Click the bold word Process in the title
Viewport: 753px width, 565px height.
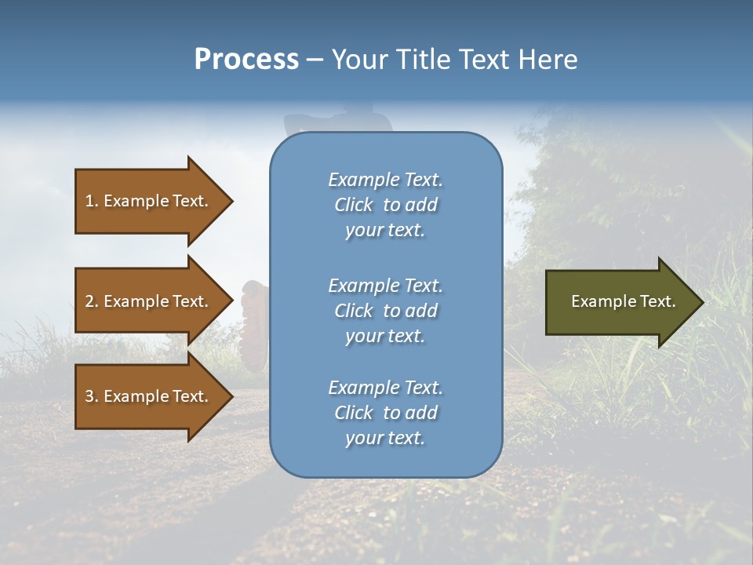246,60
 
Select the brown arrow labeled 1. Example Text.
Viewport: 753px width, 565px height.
149,201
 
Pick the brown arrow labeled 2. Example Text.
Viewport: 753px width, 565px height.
149,301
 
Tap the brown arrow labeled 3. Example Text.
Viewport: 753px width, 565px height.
149,396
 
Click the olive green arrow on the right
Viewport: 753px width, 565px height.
620,301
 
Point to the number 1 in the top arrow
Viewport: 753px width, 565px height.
89,201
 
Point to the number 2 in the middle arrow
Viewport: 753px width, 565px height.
89,301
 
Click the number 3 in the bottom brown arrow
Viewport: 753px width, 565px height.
89,396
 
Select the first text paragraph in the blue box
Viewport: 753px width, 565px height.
385,205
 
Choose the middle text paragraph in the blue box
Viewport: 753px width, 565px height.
385,311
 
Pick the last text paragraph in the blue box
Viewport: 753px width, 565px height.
385,413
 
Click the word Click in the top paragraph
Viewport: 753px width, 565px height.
353,205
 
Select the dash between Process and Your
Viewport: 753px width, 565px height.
315,60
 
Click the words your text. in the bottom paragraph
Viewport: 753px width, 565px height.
385,438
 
